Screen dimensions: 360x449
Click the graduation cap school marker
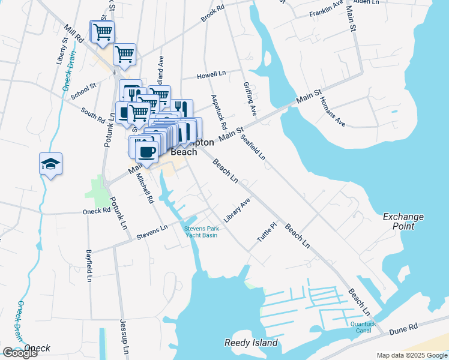[x=51, y=163]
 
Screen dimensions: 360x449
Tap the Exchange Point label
[x=403, y=221]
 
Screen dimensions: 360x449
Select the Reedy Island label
[x=252, y=343]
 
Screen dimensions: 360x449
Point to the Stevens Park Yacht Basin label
[x=201, y=232]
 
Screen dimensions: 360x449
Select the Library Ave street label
[x=237, y=212]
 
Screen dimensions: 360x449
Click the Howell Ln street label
[x=212, y=76]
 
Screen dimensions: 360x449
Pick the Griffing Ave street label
[x=250, y=99]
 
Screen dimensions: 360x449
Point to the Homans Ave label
[x=333, y=112]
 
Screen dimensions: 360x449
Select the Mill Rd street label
[x=75, y=35]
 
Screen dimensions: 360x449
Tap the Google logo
[x=19, y=353]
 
